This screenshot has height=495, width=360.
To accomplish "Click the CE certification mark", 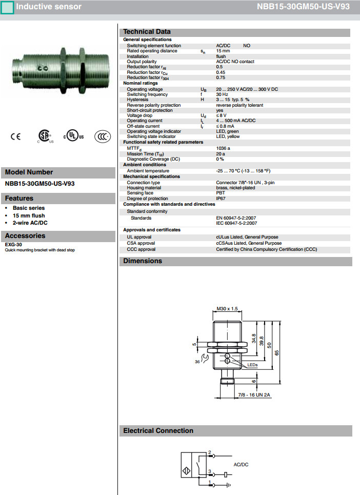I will pos(16,136).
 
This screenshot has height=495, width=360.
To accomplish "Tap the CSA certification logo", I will pos(45,136).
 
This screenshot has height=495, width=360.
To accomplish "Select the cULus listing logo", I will pos(74,136).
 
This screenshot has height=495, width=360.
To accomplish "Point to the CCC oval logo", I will pos(103,136).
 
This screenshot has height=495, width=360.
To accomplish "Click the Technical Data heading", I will pos(147,32).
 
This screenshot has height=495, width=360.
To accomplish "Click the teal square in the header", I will pos(7,7).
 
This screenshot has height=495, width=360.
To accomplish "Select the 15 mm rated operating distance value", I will pos(223,51).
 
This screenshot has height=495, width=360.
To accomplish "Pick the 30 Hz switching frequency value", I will pos(222,94).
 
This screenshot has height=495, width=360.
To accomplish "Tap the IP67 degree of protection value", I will pos(221,199).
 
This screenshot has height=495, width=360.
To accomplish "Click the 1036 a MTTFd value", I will pos(223,148).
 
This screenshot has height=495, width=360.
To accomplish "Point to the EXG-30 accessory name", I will pos(13,245).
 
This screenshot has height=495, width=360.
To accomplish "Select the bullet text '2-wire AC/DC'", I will pos(30,223).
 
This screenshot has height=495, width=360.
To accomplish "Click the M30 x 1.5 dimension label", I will pos(227,309).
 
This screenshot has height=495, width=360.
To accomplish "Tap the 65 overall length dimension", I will pos(291,352).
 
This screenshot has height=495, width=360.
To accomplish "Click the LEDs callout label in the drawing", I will pos(252,365).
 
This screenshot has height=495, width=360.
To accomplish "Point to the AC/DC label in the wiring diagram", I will pos(241,464).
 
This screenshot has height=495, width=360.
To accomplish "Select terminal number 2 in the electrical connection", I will pos(209,452).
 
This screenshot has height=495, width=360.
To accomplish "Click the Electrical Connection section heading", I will pos(158,431).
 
